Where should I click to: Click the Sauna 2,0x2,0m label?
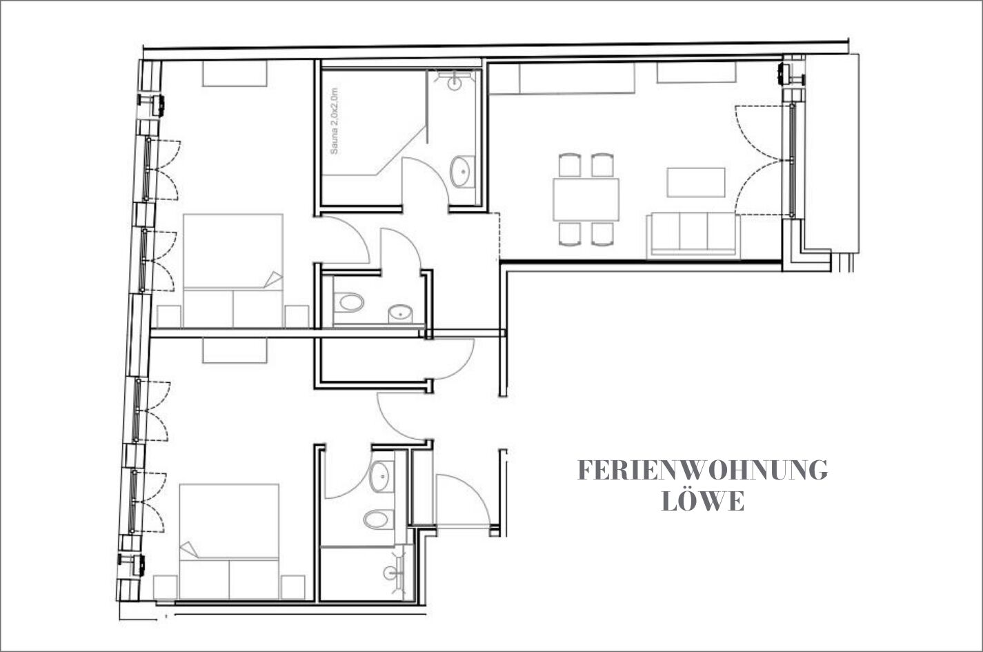[x=335, y=121]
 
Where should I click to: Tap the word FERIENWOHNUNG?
[x=702, y=471]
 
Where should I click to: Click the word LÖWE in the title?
[x=702, y=502]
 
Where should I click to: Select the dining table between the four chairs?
[x=586, y=199]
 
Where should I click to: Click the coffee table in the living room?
[x=696, y=182]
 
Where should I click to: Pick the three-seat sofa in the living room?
[x=693, y=235]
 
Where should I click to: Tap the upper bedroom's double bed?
[x=233, y=270]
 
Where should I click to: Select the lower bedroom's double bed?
[x=229, y=542]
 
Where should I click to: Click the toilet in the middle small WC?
[x=349, y=302]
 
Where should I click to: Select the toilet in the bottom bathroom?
[x=378, y=520]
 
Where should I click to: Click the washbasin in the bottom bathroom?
[x=381, y=477]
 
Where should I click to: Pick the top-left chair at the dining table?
[x=570, y=165]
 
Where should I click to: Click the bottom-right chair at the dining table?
[x=602, y=234]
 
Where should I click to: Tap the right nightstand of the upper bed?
[x=297, y=317]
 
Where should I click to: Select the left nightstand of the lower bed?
[x=165, y=587]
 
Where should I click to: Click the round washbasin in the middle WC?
[x=400, y=313]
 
